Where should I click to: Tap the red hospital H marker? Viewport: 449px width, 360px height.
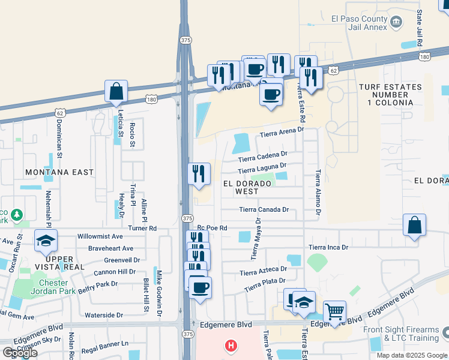[x=230, y=346]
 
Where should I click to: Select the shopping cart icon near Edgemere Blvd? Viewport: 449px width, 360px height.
[x=334, y=311]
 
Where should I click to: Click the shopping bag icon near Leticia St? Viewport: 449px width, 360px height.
[x=116, y=92]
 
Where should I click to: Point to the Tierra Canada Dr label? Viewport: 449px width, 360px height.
[x=264, y=210]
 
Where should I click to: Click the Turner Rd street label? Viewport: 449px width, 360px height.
[x=142, y=229]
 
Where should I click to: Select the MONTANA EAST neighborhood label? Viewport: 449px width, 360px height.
[x=59, y=172]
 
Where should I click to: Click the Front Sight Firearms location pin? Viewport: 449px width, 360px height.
[x=445, y=332]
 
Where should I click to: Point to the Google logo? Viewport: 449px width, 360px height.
[x=20, y=353]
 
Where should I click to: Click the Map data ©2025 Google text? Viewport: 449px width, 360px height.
[x=411, y=355]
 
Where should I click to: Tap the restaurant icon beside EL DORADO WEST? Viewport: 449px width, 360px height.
[x=199, y=174]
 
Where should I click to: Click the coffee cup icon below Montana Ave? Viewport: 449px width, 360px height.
[x=271, y=94]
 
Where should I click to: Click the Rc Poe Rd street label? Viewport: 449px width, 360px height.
[x=212, y=229]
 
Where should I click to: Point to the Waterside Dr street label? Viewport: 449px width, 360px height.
[x=104, y=315]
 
